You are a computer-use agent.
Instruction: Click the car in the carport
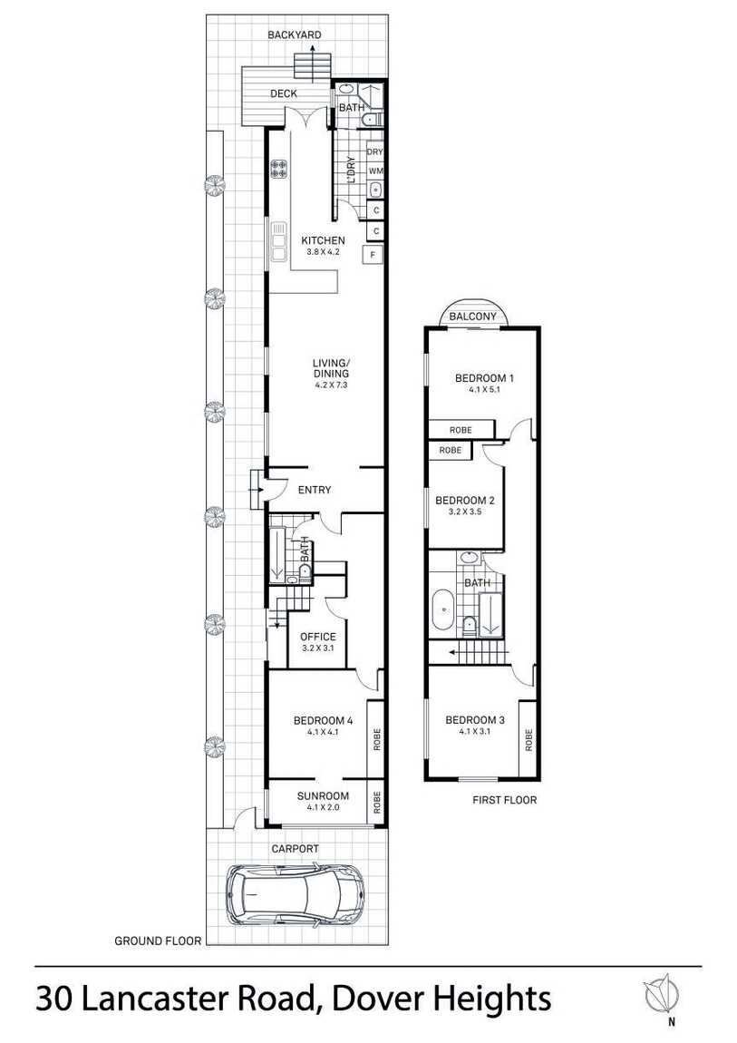[295, 892]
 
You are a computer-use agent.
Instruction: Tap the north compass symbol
[664, 996]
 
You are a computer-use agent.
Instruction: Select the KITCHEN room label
[323, 240]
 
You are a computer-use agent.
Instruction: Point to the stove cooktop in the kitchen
[279, 169]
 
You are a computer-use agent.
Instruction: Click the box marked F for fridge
[373, 255]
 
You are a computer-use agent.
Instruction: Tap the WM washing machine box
[375, 171]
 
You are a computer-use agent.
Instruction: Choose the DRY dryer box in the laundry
[375, 152]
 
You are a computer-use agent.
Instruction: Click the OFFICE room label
[318, 637]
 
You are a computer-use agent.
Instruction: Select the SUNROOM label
[323, 796]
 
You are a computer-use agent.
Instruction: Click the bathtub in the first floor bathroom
[442, 610]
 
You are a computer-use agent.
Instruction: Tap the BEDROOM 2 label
[464, 500]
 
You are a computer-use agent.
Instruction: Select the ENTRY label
[315, 490]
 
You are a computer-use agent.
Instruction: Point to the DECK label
[283, 93]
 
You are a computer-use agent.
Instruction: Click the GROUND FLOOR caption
[157, 941]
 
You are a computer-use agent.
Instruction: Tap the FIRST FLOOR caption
[505, 800]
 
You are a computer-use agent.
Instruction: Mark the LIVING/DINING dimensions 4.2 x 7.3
[330, 385]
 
